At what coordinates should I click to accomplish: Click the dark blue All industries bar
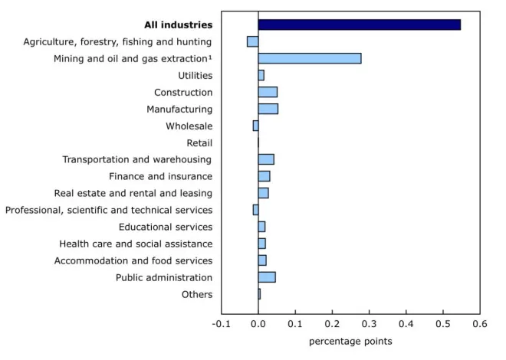(x=359, y=25)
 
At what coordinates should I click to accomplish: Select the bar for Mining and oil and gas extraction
(x=310, y=58)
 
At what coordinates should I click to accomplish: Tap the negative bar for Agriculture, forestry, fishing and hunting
(x=253, y=41)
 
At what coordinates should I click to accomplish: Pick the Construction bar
(x=268, y=92)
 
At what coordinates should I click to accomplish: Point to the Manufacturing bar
(x=268, y=109)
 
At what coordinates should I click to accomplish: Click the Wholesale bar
(x=255, y=126)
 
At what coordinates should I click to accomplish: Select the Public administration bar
(x=267, y=277)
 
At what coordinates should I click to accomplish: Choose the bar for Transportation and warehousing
(x=266, y=159)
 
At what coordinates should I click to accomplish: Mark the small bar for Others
(x=259, y=294)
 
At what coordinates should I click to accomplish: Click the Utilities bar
(x=261, y=75)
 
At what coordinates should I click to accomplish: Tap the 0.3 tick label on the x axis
(x=369, y=323)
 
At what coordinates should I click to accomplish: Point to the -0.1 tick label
(x=221, y=323)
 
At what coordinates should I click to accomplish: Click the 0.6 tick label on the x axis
(x=480, y=323)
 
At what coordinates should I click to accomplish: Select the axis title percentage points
(x=350, y=342)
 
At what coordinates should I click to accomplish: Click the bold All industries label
(x=178, y=25)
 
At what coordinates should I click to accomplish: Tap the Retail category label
(x=199, y=142)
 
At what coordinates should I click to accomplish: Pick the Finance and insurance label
(x=161, y=176)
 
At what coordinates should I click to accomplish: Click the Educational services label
(x=166, y=227)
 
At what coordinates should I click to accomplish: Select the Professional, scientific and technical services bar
(x=255, y=210)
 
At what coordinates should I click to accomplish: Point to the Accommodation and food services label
(x=133, y=260)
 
